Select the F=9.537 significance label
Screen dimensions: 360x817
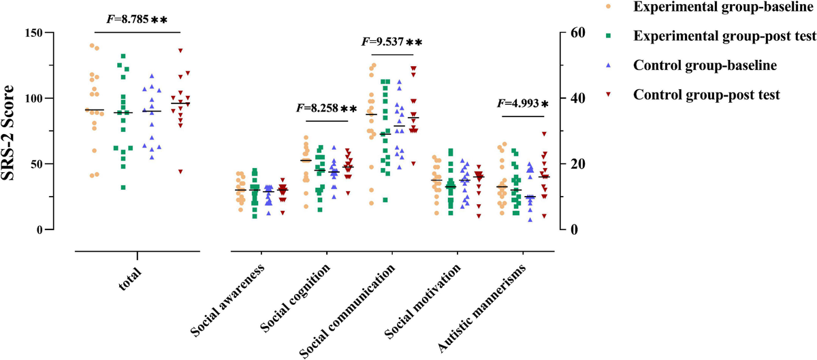(391, 42)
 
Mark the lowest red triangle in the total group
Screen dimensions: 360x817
(180, 171)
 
